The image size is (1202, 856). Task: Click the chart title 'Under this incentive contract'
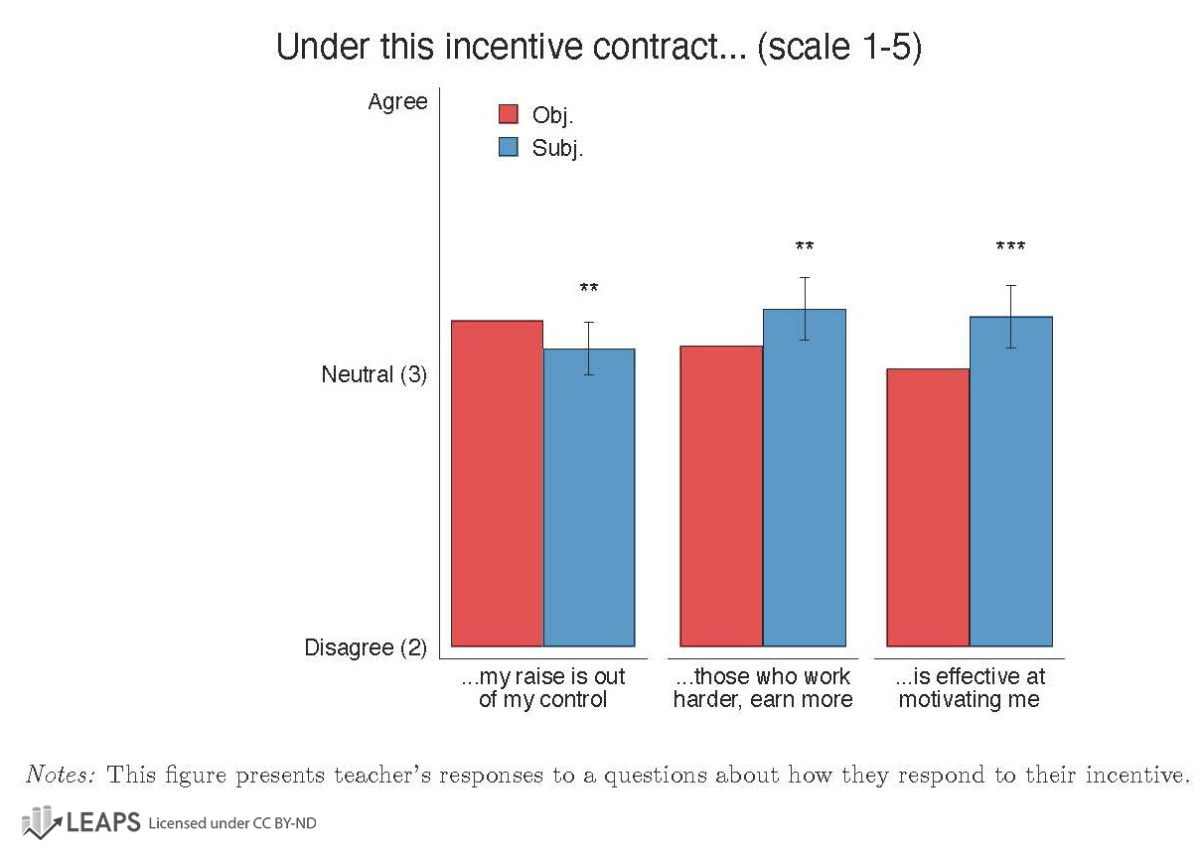598,48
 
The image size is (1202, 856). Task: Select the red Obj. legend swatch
508,114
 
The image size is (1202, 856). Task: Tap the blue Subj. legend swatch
508,147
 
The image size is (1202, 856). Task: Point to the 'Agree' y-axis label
397,102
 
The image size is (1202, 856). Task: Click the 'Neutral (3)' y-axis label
374,375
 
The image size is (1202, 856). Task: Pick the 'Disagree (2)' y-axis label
365,648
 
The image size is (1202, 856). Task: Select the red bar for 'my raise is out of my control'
497,484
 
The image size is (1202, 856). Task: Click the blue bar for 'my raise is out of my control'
589,497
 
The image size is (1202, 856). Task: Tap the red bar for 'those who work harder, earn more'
721,496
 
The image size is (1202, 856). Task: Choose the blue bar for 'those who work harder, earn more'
805,478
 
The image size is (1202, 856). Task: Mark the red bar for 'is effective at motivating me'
928,507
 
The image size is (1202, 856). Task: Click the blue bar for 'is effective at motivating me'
1011,482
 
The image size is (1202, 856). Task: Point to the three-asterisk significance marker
1010,247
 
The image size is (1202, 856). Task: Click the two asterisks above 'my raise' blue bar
589,289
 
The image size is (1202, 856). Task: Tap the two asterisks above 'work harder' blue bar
805,247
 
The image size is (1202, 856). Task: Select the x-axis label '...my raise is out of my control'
543,688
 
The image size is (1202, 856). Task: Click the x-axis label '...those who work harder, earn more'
763,688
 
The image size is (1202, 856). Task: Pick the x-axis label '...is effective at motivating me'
970,688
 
